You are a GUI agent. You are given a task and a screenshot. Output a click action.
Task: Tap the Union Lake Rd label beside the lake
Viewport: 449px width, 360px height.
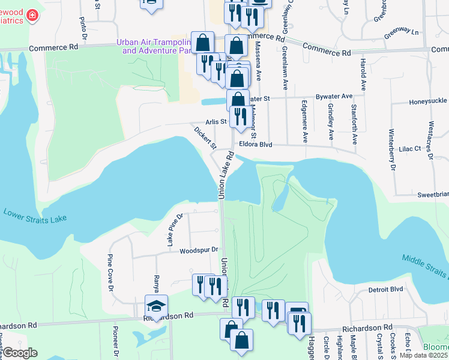tap(225, 175)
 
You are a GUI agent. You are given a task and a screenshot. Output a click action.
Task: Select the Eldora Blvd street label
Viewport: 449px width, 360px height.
tap(256, 145)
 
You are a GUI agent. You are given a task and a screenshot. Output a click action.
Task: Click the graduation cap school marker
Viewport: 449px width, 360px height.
tap(156, 306)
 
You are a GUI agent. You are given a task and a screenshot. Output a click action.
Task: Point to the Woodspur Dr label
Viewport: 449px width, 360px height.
tap(197, 250)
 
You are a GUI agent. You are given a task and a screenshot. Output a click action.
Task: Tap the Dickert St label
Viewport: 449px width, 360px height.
tap(205, 137)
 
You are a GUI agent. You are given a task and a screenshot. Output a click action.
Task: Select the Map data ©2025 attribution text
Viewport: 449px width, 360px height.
tap(423, 355)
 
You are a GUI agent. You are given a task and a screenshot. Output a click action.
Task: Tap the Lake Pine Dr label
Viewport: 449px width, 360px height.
tap(174, 230)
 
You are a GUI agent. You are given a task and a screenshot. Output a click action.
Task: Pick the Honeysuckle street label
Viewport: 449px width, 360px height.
tap(429, 102)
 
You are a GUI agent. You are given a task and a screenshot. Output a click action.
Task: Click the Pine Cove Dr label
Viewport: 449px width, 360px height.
tap(110, 272)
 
